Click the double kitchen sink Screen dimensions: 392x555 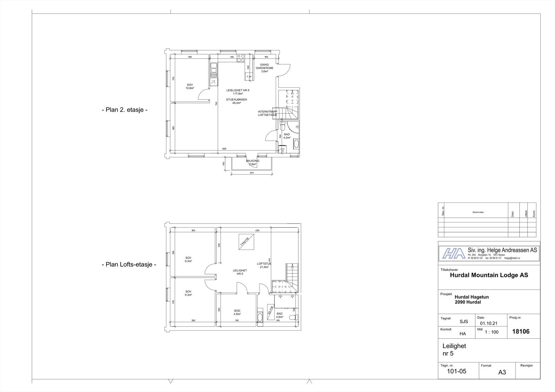(x=214, y=70)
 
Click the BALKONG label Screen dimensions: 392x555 (x=253, y=162)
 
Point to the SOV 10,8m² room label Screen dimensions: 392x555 (x=190, y=86)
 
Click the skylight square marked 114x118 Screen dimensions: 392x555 (x=245, y=241)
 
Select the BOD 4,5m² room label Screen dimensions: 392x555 (x=237, y=312)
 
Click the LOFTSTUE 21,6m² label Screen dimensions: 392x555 (x=264, y=265)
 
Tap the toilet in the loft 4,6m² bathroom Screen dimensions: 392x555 (x=294, y=317)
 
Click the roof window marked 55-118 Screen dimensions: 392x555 (x=270, y=310)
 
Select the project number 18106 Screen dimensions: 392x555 (x=521, y=331)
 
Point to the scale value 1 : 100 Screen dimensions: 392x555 (x=491, y=332)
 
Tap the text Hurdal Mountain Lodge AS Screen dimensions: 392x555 (x=489, y=275)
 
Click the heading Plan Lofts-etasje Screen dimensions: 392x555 (x=129, y=264)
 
